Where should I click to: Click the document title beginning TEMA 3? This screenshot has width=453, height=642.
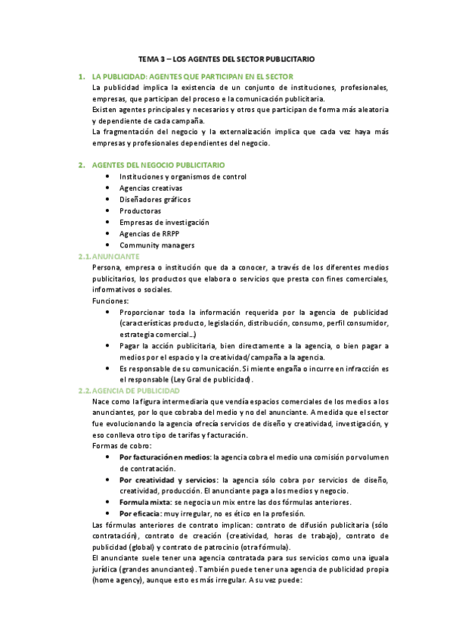click(226, 58)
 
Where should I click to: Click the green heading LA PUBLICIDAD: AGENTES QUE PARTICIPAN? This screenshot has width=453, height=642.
click(192, 76)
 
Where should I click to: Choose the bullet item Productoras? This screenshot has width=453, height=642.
click(140, 211)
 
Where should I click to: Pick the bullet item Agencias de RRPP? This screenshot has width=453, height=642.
click(150, 234)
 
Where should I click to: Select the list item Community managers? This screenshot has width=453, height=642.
click(157, 245)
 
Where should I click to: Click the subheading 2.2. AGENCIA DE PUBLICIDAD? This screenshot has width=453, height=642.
click(128, 391)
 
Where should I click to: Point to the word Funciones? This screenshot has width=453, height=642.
click(110, 301)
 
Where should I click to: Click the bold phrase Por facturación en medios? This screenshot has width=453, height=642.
click(166, 458)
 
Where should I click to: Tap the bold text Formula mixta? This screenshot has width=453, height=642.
click(145, 503)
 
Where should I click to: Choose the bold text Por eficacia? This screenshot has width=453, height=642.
click(140, 513)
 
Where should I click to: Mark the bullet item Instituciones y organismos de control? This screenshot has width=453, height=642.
click(182, 177)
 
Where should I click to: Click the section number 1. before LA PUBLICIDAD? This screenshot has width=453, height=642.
click(82, 76)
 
